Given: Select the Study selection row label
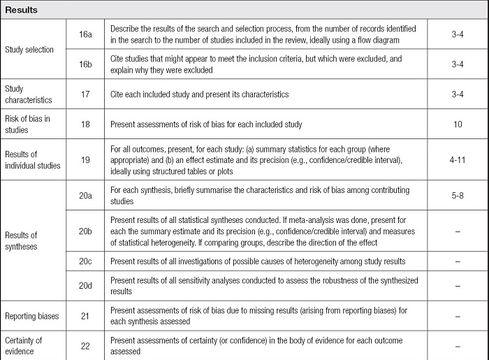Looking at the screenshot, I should [29, 50].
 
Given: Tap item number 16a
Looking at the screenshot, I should [87, 34].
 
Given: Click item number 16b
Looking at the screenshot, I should [87, 64].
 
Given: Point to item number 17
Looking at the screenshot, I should [87, 94].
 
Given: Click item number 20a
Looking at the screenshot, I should [87, 194].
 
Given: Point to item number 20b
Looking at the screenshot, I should [87, 230].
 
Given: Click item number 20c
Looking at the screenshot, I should [87, 261].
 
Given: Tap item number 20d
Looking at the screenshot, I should [87, 285].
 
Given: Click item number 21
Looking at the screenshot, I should [87, 316].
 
